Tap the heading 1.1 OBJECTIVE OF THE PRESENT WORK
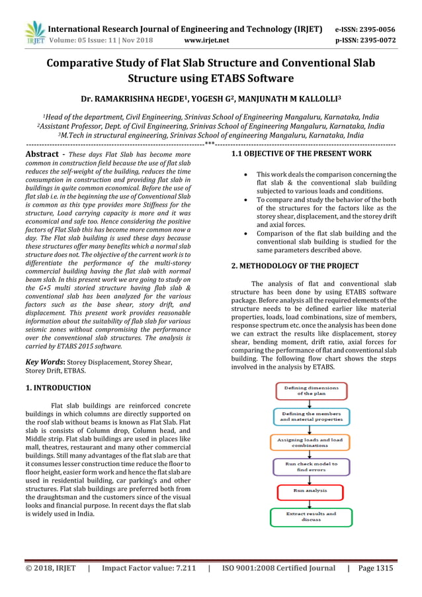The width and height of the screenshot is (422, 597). coord(301,154)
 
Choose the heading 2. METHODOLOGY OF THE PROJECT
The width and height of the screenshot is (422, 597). coord(294,266)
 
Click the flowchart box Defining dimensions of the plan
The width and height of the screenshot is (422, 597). coord(310,390)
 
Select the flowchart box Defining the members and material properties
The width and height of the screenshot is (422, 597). coord(310,416)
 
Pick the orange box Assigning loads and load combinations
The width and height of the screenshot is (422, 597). coord(310,442)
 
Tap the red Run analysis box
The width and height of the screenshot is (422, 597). coord(310,491)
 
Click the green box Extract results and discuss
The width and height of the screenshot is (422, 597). coord(310,516)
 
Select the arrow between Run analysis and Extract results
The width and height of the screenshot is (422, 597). coord(310,503)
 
